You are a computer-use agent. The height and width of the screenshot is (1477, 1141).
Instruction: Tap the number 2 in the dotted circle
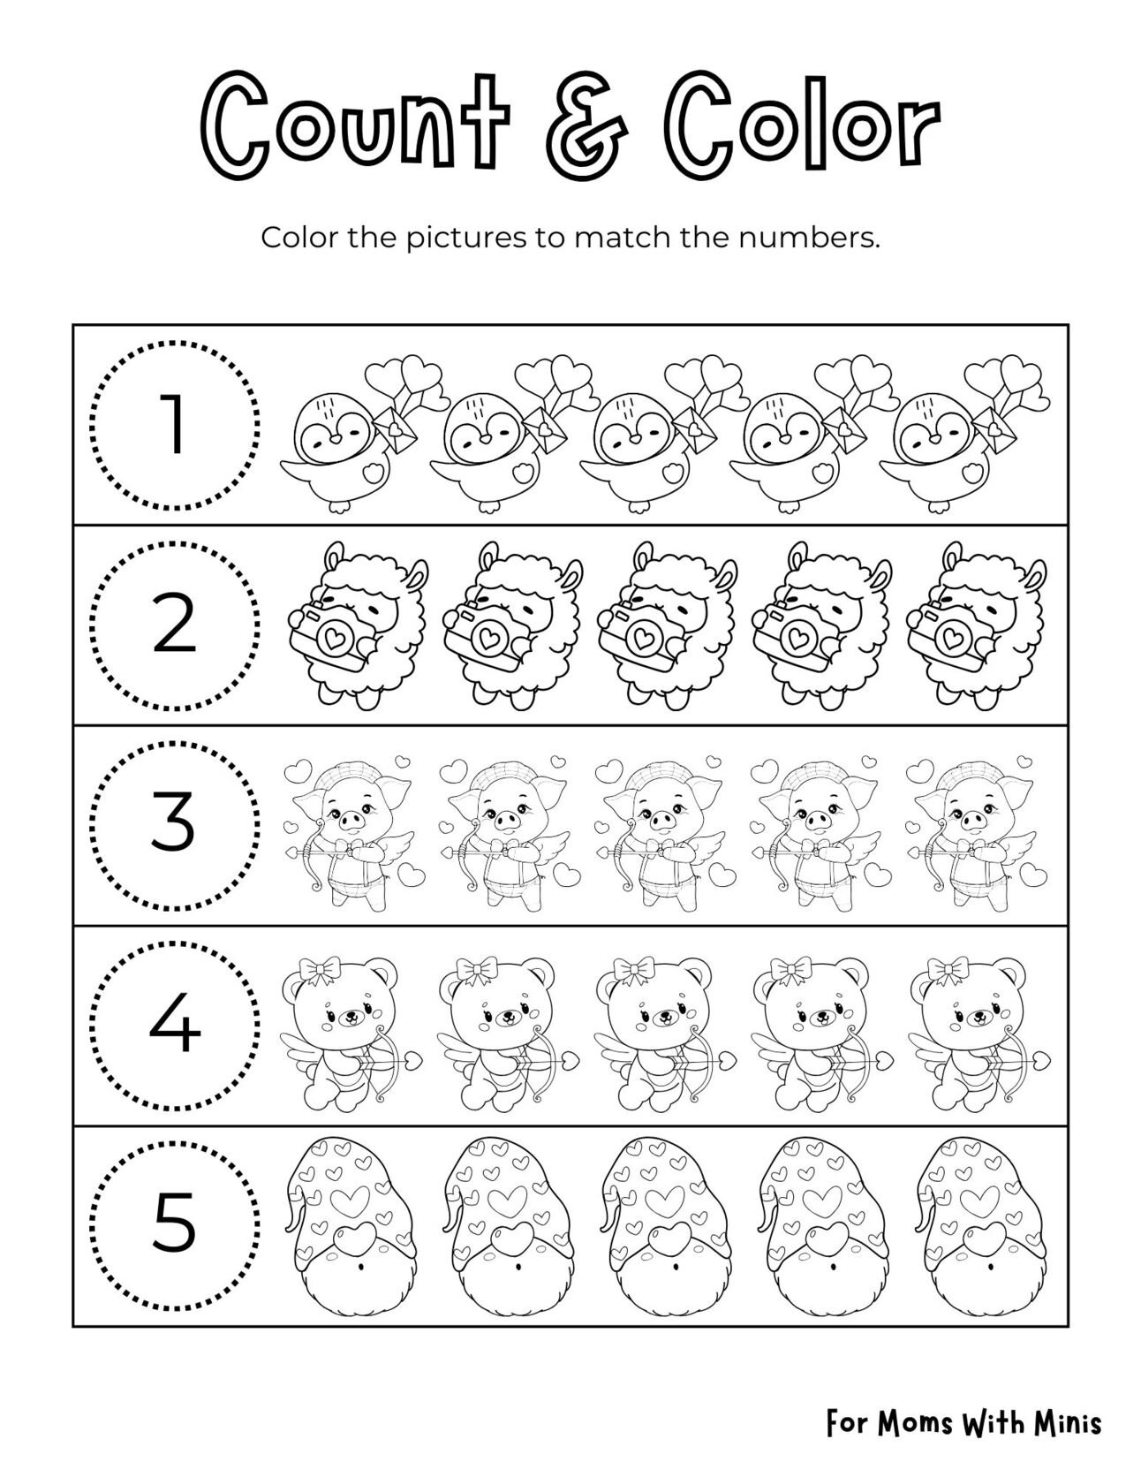click(x=175, y=625)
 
